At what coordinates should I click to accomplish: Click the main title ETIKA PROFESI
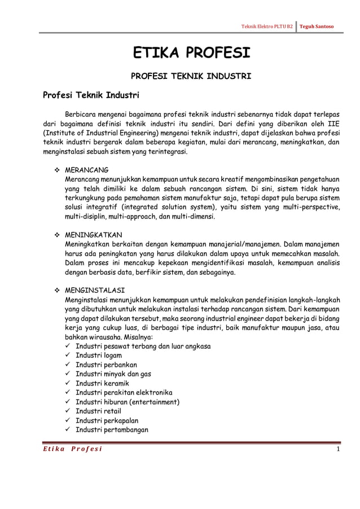coord(191,54)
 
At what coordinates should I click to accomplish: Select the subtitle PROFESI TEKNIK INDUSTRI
coord(191,75)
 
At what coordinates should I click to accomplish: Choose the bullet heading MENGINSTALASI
coord(95,289)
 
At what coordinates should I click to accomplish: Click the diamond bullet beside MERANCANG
coord(56,170)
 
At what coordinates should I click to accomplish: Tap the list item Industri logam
coord(99,356)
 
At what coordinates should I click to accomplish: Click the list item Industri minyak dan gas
coord(113,374)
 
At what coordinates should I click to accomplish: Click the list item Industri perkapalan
coord(107,420)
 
